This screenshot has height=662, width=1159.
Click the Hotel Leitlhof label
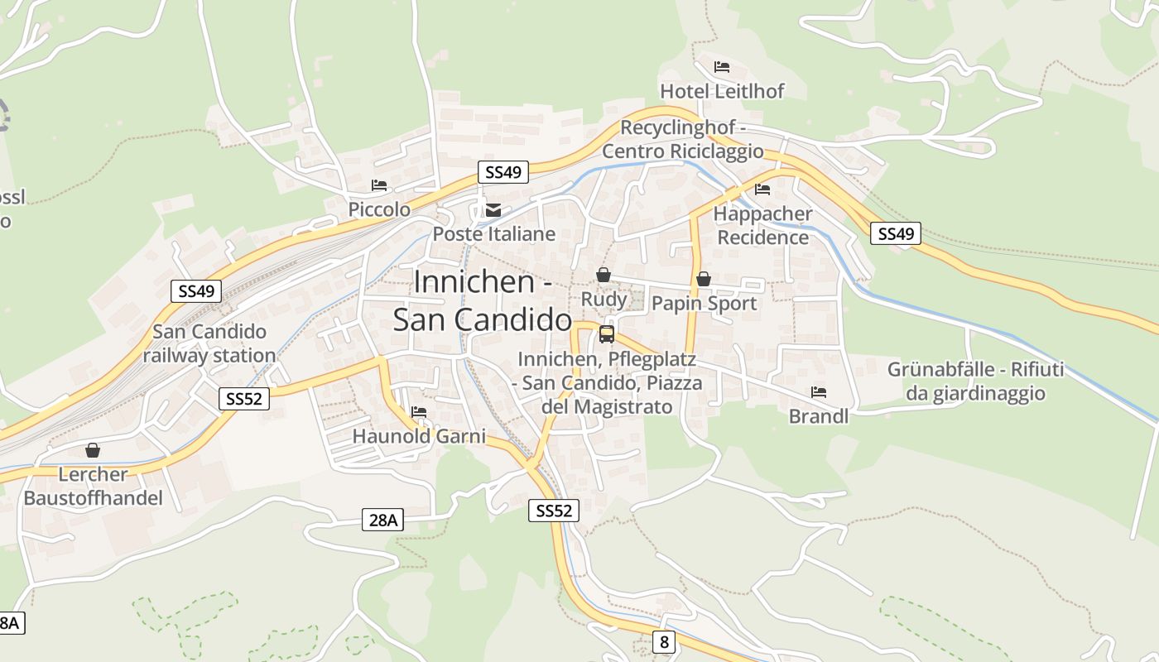722,91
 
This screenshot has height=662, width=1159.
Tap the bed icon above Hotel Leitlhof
722,66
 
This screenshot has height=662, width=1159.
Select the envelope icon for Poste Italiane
493,209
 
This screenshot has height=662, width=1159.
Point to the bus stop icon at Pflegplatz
607,334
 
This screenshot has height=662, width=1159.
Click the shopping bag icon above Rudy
604,275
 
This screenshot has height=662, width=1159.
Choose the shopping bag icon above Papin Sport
704,280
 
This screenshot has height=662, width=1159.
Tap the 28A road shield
384,520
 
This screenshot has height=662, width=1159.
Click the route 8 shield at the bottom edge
663,641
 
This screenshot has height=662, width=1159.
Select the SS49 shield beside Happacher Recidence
896,234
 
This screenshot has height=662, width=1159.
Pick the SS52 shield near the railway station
244,399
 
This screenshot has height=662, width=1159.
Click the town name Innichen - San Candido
483,300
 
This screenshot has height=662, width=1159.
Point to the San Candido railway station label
209,343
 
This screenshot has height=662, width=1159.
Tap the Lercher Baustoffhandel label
93,487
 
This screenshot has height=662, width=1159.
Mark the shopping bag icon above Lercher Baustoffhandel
93,450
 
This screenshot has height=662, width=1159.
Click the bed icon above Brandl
819,391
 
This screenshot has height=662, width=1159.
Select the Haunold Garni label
419,436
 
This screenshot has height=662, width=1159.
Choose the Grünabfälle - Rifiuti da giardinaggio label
975,381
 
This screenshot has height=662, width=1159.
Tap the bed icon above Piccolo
379,185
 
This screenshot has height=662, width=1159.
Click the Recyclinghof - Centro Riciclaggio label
683,140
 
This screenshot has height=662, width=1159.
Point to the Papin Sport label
704,304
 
